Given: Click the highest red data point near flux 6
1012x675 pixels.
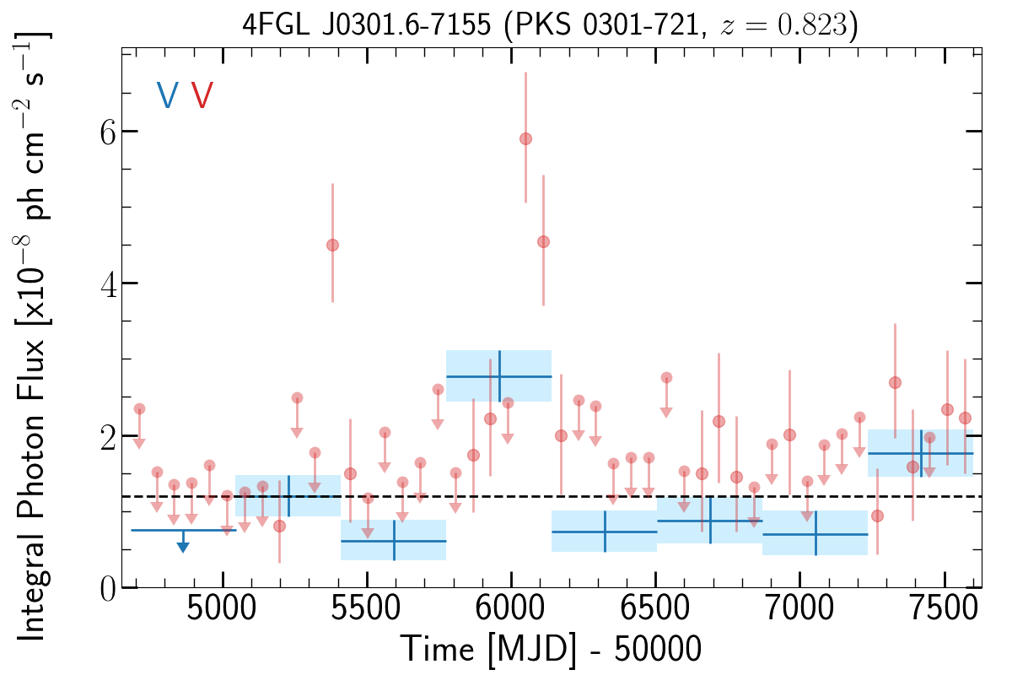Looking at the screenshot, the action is click(525, 139).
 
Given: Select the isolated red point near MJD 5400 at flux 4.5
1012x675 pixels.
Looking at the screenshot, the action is click(332, 246).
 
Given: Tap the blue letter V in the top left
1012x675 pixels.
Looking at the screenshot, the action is click(168, 95).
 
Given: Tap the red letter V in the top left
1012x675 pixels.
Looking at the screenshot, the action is click(202, 95).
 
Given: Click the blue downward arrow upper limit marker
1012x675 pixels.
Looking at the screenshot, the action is click(183, 541).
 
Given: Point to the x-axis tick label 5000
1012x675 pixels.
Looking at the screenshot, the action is click(221, 608).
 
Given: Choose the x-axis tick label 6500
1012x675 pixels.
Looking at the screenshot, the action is click(655, 608).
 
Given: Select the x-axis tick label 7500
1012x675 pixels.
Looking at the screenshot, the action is click(944, 608).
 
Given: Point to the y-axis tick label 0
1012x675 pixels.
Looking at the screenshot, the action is click(108, 589).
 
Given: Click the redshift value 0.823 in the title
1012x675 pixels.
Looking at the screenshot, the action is click(812, 24).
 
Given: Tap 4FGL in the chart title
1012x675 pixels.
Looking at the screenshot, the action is click(276, 24).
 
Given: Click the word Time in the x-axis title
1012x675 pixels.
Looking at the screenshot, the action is click(438, 649).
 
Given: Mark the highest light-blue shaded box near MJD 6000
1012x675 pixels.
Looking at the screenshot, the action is click(498, 375).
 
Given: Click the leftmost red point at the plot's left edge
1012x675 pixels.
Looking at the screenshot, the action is click(139, 408).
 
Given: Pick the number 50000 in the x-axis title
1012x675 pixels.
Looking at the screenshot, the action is click(657, 649).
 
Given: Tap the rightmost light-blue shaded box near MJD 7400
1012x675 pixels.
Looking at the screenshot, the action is click(920, 453).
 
